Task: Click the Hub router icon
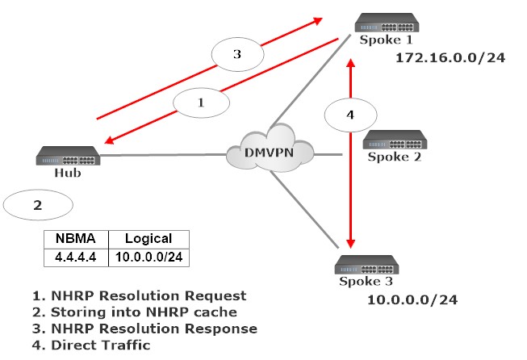(68, 156)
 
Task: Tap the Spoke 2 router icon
(395, 139)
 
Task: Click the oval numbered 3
(236, 55)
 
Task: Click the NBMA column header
(74, 238)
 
